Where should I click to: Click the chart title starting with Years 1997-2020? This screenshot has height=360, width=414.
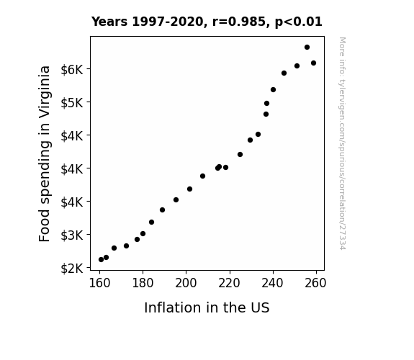coord(207,22)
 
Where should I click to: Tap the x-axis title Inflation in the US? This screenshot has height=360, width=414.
coord(207,307)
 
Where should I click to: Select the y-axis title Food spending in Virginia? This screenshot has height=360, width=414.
coord(45,153)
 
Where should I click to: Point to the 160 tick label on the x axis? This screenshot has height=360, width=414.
coord(99,283)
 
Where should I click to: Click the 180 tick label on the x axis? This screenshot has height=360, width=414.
coord(143,283)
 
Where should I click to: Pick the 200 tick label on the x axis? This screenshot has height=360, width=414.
coord(186,283)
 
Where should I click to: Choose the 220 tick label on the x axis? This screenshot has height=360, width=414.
coord(229,283)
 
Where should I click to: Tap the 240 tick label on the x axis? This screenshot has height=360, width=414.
coord(272,283)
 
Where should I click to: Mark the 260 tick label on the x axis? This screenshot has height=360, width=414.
coord(315,283)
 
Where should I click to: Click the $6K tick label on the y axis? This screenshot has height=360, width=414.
coord(72,70)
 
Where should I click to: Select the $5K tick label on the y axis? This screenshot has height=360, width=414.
coord(72,103)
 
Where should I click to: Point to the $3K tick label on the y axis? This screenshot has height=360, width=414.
coord(72,235)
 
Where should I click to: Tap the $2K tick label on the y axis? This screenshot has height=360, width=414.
coord(72,269)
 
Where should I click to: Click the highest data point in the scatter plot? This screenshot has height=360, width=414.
coord(307,48)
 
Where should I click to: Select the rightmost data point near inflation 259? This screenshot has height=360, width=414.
coord(313,63)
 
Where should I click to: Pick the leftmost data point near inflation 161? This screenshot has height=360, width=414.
coord(101,260)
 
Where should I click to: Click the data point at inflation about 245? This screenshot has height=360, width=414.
coord(284,73)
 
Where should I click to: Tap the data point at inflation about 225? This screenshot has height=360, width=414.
coord(240,155)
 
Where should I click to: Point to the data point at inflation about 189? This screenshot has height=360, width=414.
coord(163,210)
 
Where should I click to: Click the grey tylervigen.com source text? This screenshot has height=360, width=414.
coord(342,143)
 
